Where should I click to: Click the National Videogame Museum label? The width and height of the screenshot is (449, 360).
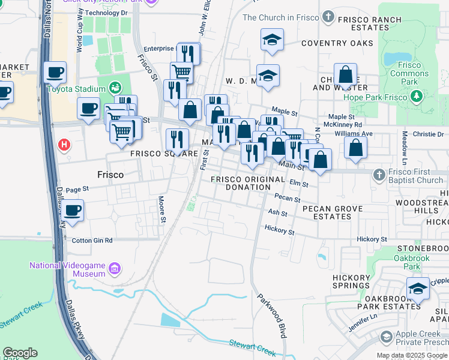[x=68, y=269]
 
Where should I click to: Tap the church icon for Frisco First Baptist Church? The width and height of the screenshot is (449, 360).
[x=378, y=175]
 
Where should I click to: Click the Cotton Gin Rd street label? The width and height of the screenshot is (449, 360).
[x=92, y=240]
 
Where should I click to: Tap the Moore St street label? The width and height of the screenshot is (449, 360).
[x=161, y=209]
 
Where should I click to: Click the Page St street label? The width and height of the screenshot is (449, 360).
[x=77, y=188]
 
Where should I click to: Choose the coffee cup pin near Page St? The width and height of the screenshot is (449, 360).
[x=73, y=210]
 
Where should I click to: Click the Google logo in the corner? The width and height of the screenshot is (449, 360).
[x=20, y=353]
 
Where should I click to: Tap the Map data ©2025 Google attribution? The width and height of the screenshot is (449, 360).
[x=411, y=355]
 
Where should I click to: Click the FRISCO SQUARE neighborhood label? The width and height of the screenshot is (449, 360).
[x=164, y=154]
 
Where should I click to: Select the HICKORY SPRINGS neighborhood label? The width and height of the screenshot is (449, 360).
[x=352, y=282]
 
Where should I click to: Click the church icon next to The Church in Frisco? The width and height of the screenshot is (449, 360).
[x=328, y=17]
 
